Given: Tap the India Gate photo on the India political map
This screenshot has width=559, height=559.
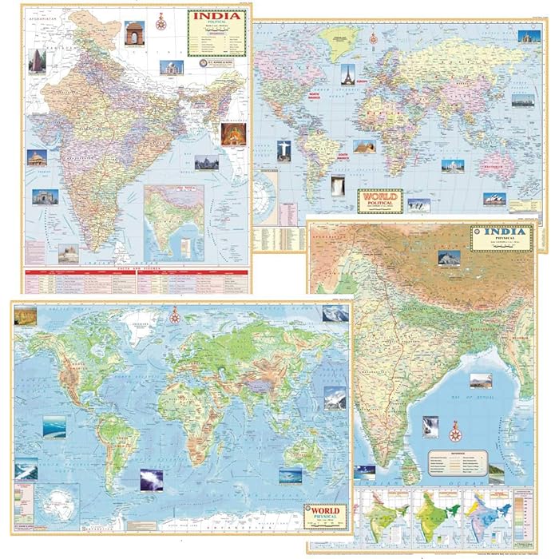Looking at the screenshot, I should point(134,33).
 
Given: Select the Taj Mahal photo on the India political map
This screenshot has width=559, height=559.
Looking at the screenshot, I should point(171,67).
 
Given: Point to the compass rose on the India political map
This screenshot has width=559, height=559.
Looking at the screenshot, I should point(161,22).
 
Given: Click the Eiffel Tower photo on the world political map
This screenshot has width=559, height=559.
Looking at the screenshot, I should point(347,73).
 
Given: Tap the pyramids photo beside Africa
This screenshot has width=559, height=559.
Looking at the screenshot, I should point(364,147).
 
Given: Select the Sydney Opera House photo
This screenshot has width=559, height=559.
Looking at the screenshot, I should point(494,199).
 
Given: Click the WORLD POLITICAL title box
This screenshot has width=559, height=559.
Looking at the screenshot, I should point(381,199).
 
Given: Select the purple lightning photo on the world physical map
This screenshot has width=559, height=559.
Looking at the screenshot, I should point(151,479).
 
